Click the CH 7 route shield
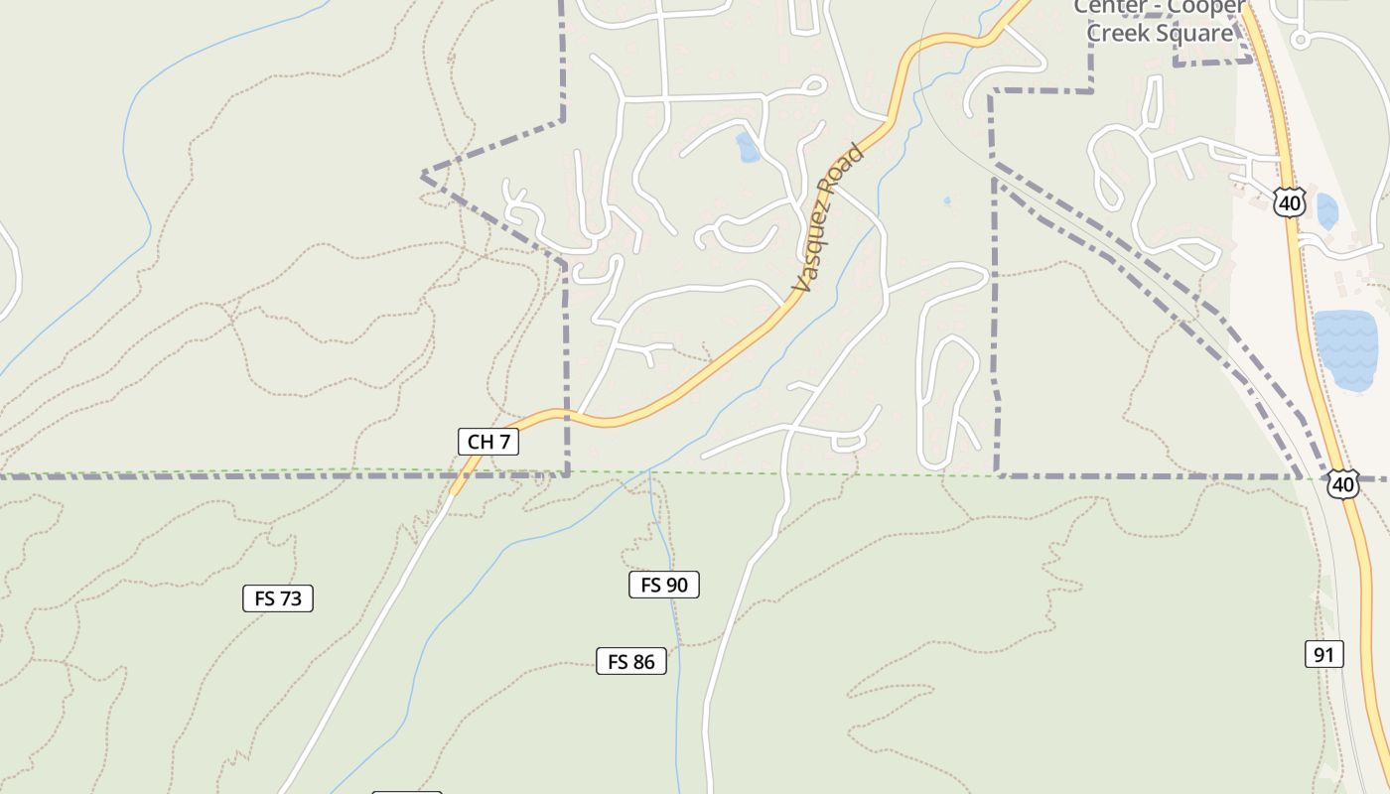point(488,442)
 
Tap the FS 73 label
point(278,598)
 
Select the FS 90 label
point(664,585)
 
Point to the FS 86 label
point(631,661)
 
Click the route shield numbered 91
point(1323,654)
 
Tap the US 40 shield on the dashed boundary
point(1343,484)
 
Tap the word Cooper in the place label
point(1206,8)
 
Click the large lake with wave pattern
point(1345,349)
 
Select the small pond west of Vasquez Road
point(748,148)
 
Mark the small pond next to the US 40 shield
point(1326,210)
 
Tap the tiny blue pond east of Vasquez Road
point(946,200)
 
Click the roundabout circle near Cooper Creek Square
point(1301,40)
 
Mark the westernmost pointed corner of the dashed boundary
point(423,175)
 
